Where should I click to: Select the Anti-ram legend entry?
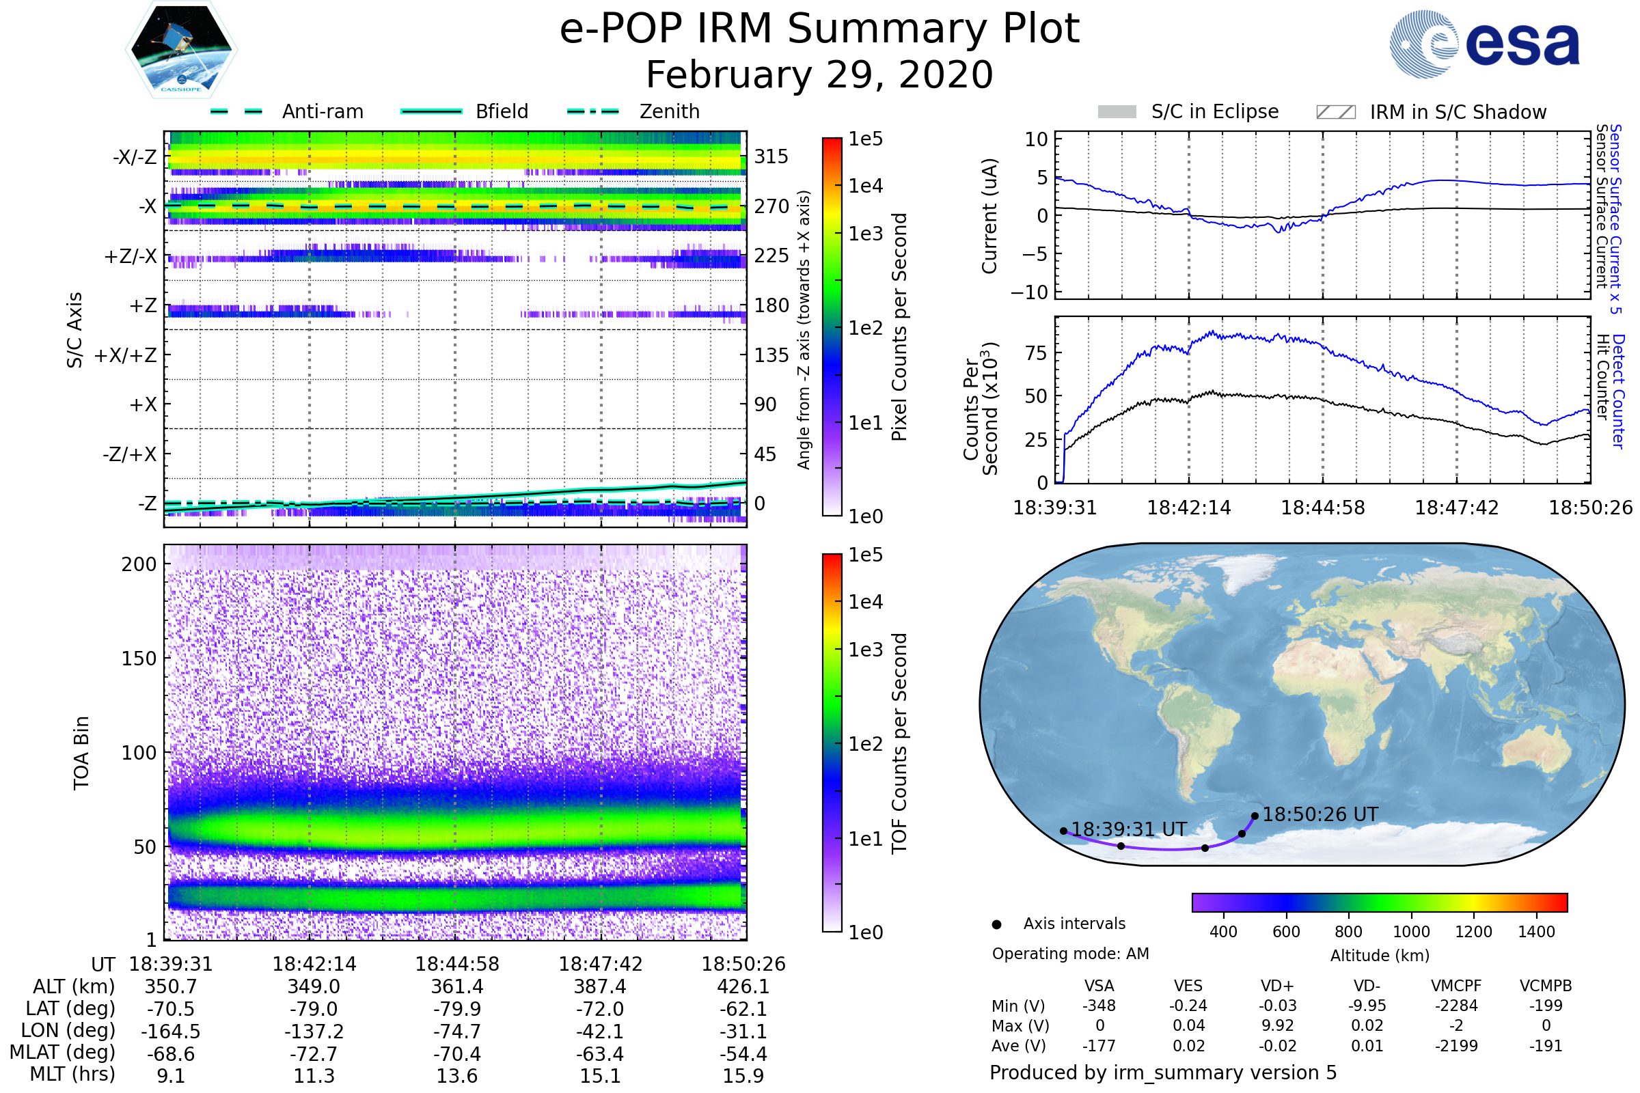pos(322,111)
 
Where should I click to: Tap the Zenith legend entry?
pos(669,111)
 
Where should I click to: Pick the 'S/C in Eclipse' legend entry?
pos(1214,111)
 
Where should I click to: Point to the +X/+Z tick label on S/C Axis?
pos(126,355)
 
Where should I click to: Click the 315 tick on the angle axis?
pos(771,156)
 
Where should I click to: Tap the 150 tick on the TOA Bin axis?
pos(139,659)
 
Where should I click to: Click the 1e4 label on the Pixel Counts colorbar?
pos(865,186)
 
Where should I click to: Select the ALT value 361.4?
pos(457,986)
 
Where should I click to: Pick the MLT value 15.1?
pos(601,1075)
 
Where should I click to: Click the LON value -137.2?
pos(314,1031)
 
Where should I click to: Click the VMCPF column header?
pos(1456,986)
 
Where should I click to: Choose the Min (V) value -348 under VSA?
pos(1099,1006)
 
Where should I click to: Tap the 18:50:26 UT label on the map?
pos(1320,814)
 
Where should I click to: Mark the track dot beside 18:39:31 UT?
pos(1063,831)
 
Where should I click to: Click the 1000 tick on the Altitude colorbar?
pos(1411,932)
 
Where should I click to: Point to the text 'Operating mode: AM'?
pos(1070,954)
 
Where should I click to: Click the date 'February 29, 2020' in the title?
pos(819,75)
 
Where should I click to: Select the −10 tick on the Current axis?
pos(1029,292)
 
